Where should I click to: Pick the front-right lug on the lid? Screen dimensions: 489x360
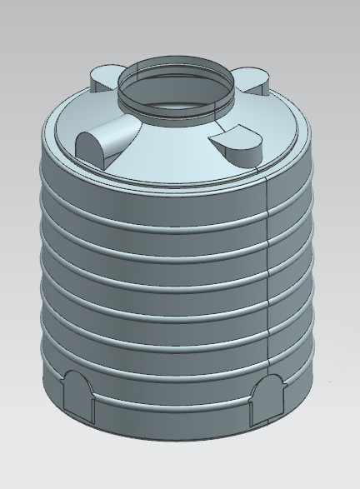click(x=237, y=142)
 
